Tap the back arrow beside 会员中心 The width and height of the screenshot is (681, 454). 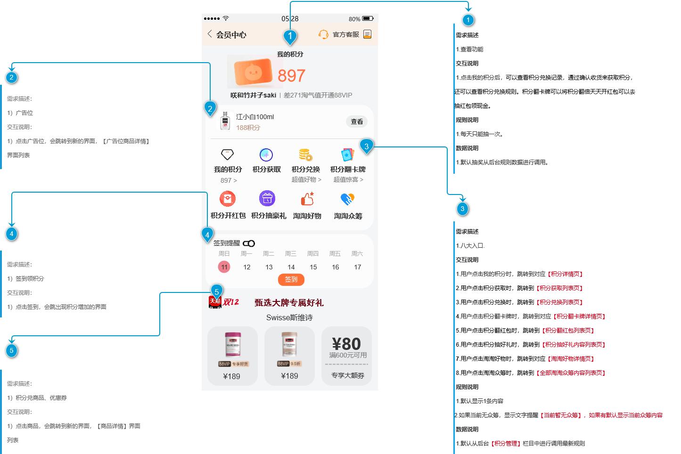coord(210,34)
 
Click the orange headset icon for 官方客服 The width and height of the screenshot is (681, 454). coord(323,34)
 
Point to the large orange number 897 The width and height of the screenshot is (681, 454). coord(291,75)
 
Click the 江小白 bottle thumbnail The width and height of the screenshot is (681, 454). coord(225,121)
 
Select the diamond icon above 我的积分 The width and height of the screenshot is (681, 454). coord(227,154)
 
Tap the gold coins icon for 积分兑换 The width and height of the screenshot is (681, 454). coord(305,154)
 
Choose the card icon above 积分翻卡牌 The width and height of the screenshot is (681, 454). coord(347,154)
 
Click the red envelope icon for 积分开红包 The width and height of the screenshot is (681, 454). coord(228,199)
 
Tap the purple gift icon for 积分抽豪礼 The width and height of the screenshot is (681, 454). coord(267,199)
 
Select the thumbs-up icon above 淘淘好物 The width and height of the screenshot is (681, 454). coord(307,199)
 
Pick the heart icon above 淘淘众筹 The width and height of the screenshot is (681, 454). coord(347,199)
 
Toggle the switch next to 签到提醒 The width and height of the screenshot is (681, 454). coord(249,243)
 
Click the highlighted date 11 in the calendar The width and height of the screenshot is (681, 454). coord(224,267)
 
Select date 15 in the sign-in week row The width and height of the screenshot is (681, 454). coord(313,267)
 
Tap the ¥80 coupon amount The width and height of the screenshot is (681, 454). coord(346,344)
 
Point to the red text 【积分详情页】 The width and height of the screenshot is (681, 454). coord(566,274)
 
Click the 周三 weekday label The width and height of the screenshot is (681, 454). coord(291,254)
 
